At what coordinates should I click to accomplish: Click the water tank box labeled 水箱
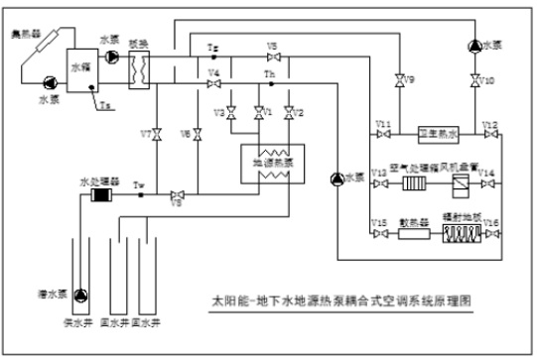[79, 68]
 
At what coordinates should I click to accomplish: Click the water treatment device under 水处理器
[98, 194]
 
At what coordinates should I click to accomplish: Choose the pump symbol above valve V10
[474, 45]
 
